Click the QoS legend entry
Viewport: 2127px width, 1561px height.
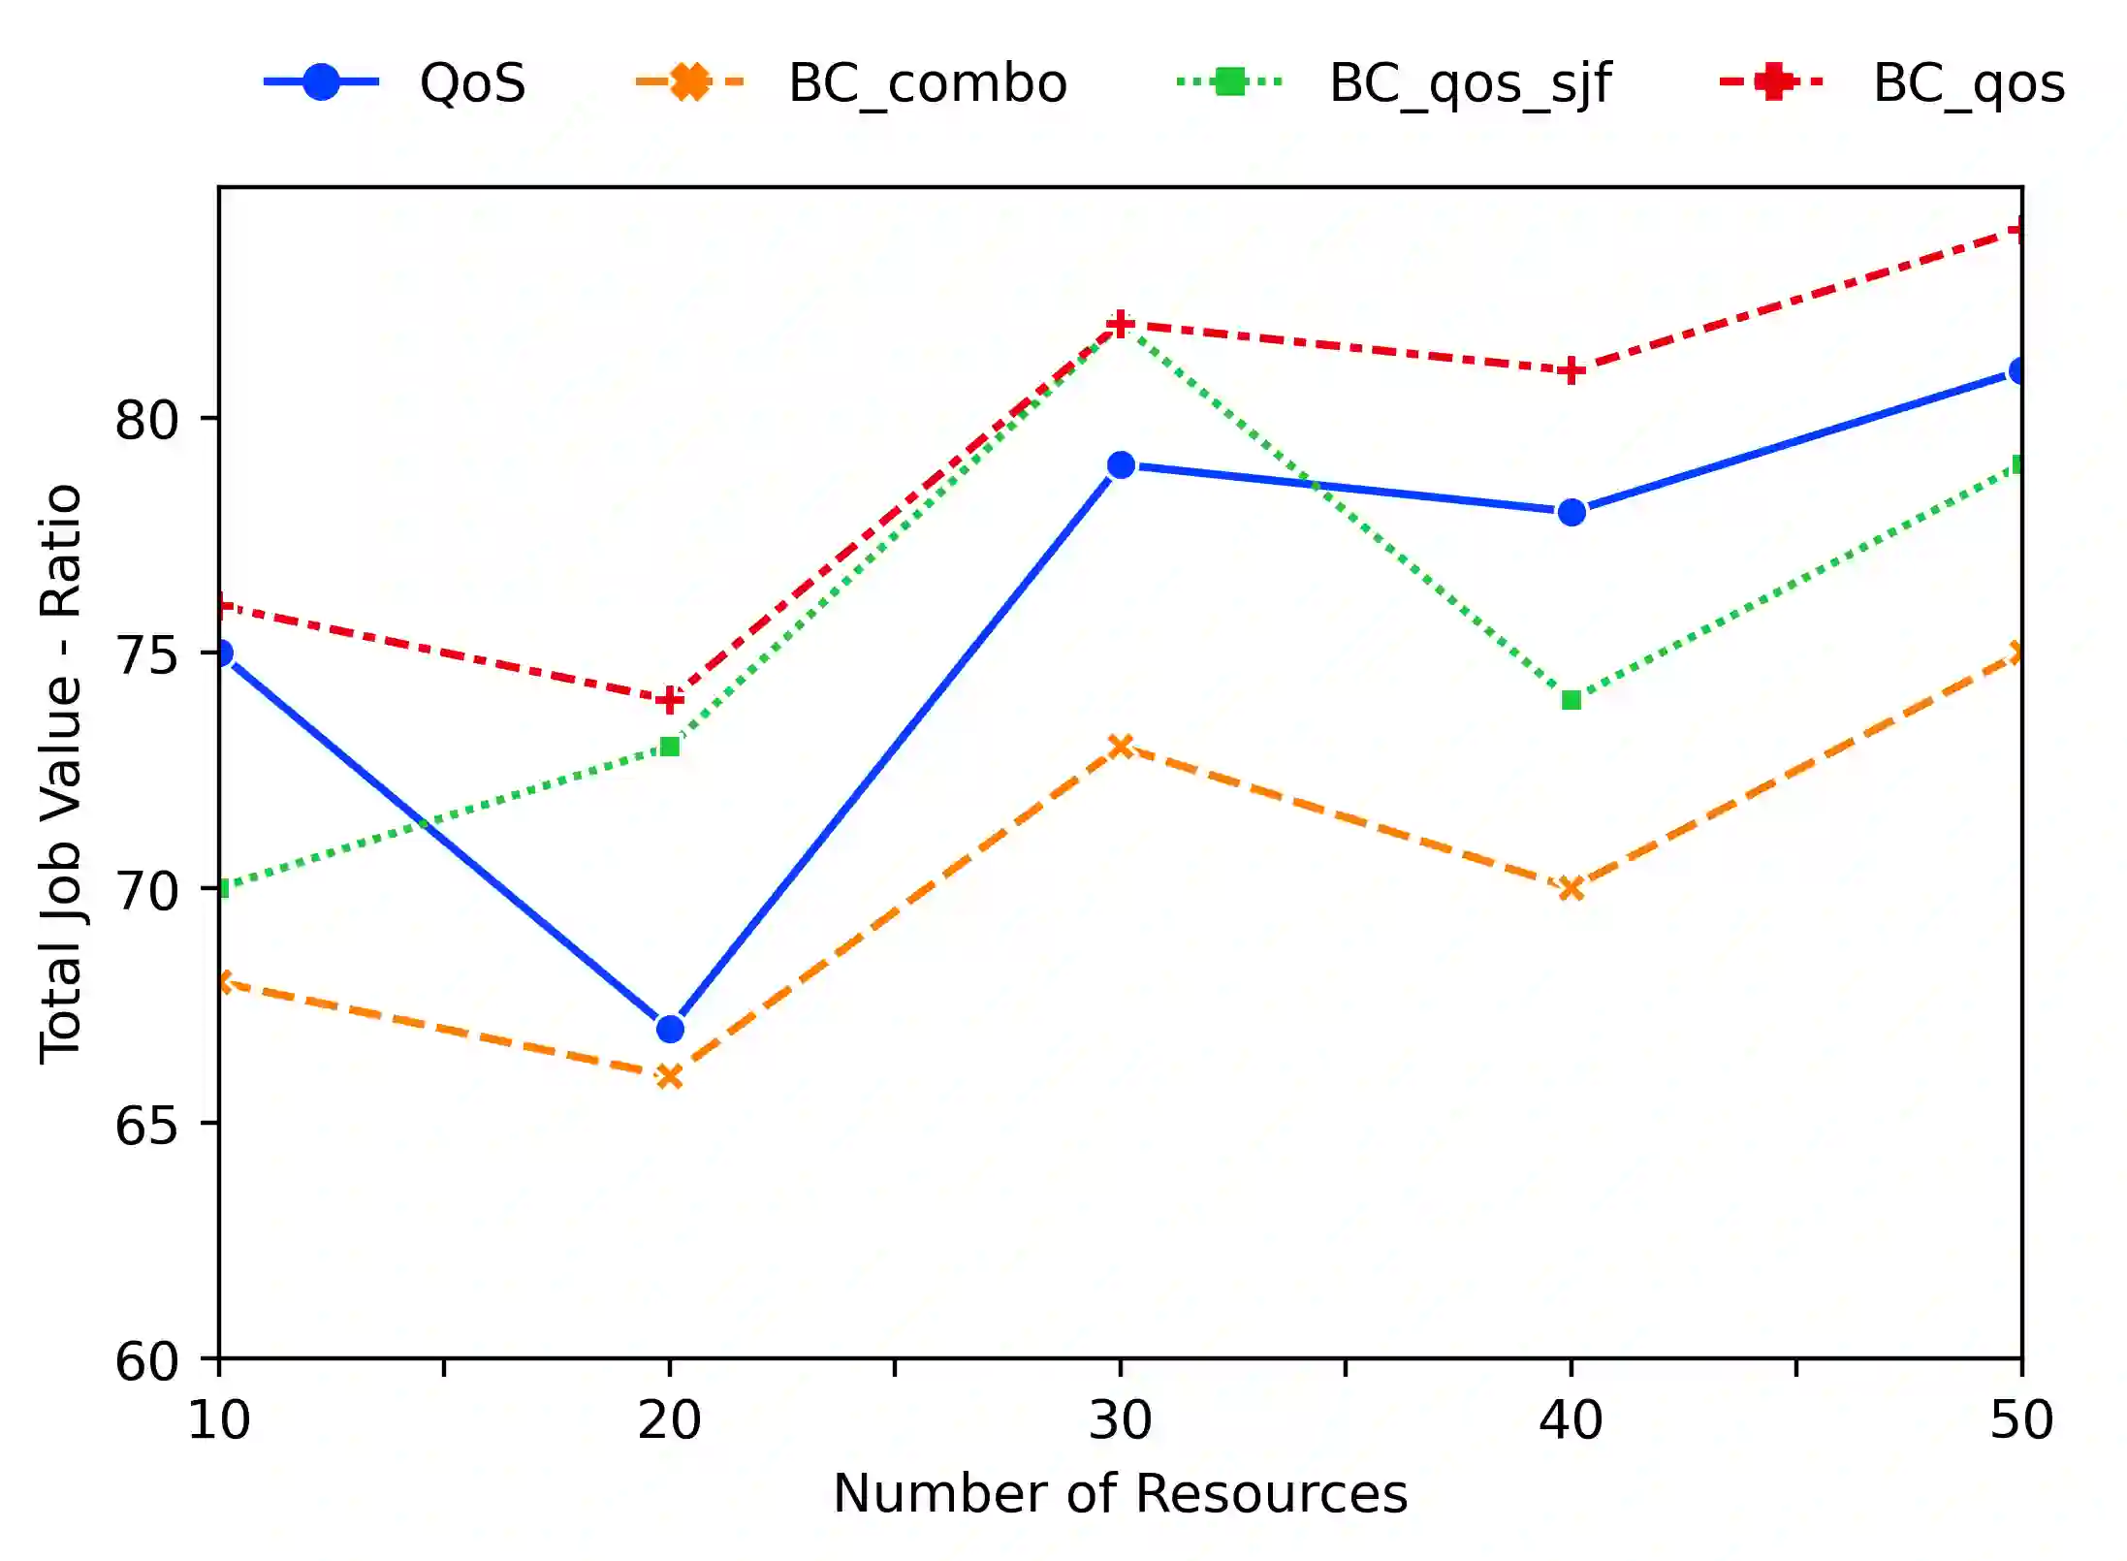click(472, 83)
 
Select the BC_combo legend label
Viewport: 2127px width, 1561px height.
click(927, 83)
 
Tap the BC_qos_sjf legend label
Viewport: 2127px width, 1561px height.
click(1470, 83)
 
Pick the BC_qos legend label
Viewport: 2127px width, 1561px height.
click(1968, 83)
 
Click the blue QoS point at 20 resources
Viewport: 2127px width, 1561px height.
click(670, 1029)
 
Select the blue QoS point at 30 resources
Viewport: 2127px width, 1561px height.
click(1121, 465)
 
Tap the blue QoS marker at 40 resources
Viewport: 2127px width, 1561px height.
click(1571, 512)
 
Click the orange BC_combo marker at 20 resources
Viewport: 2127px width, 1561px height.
click(670, 1076)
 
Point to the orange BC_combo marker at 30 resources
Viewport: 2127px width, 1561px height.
click(1121, 747)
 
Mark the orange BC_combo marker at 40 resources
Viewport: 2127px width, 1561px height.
click(1571, 888)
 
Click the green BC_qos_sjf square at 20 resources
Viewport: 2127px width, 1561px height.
click(670, 747)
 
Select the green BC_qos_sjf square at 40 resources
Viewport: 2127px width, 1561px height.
click(1571, 700)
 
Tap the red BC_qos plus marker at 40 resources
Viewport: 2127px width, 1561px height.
click(1571, 371)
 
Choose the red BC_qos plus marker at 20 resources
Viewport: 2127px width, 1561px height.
click(670, 700)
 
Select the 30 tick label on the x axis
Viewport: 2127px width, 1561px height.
click(1121, 1421)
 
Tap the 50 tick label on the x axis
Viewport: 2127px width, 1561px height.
click(2021, 1421)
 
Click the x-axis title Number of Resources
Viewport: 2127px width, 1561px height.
click(1120, 1494)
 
